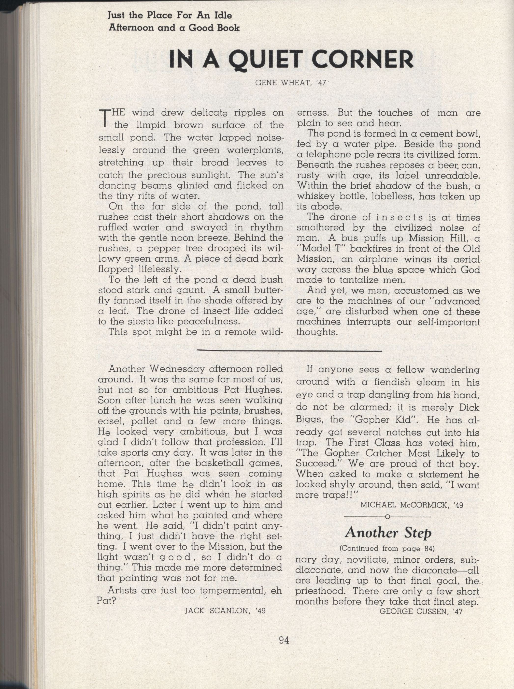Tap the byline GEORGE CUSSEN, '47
click(421, 611)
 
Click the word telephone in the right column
click(333, 154)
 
